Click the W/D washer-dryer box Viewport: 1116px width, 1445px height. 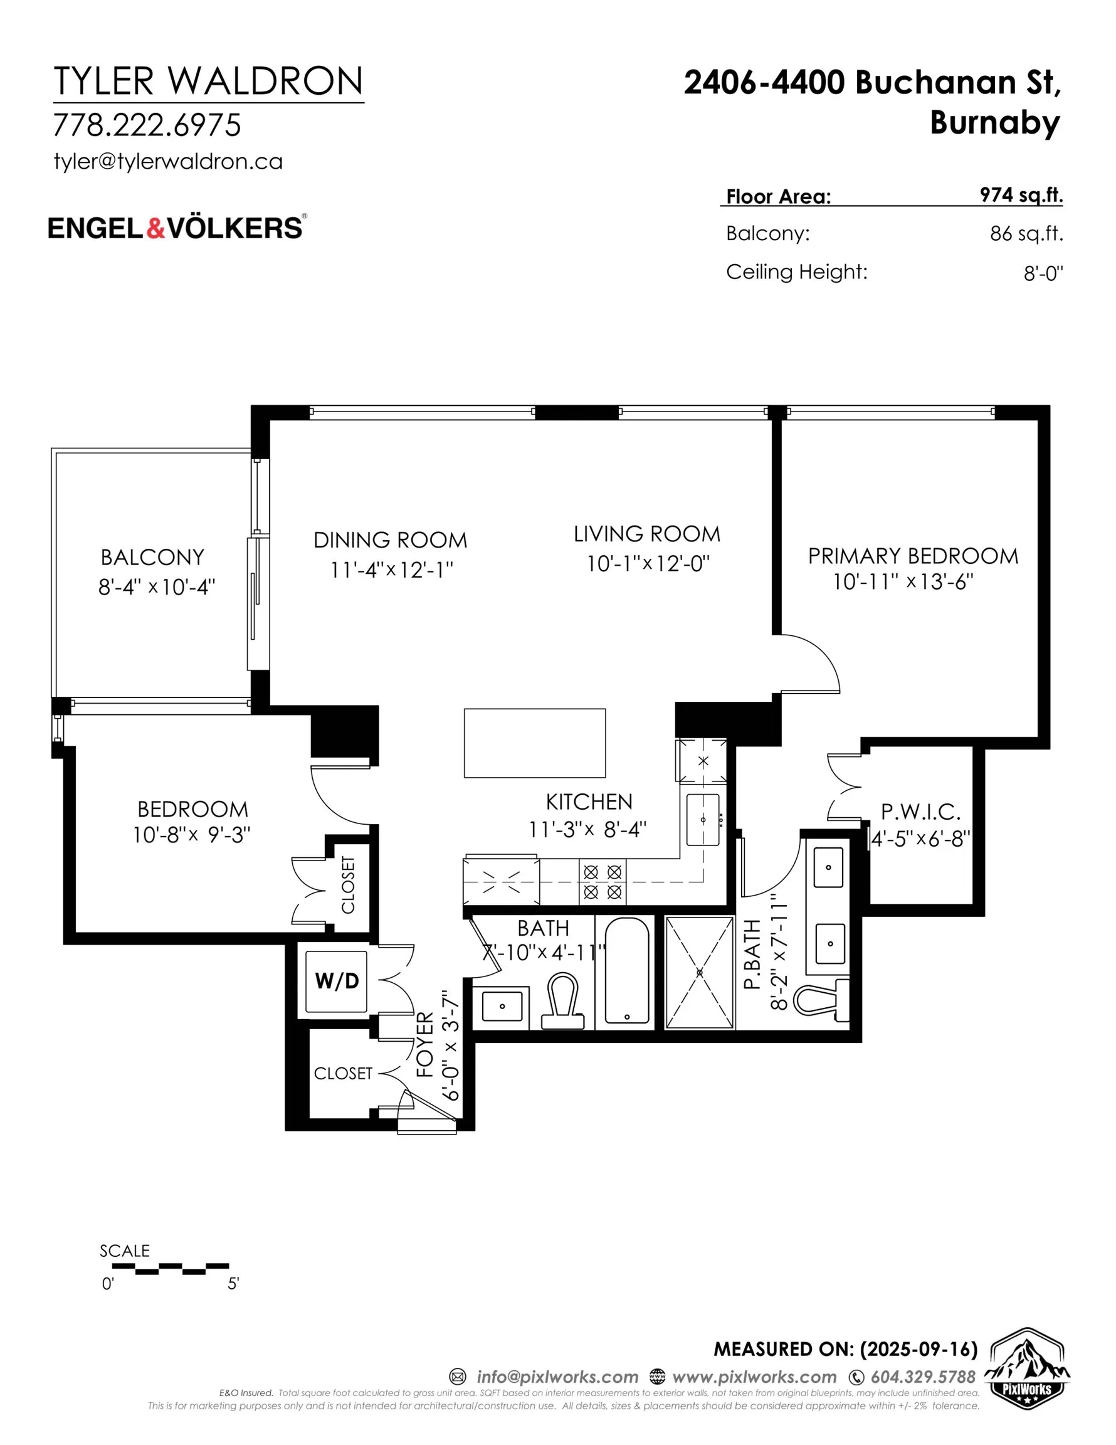pos(337,980)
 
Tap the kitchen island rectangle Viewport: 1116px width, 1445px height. pos(535,743)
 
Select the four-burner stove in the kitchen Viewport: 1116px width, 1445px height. pos(603,882)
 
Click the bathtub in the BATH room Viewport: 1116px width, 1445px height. pos(626,972)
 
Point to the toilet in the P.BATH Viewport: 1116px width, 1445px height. pos(821,1001)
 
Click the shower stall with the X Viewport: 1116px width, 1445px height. pos(700,972)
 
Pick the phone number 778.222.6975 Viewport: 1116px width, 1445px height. pos(147,125)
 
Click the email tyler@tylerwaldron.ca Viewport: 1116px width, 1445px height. pos(168,161)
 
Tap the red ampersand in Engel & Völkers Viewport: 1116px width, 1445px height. pos(155,228)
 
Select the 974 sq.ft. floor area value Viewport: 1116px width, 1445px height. pos(1021,195)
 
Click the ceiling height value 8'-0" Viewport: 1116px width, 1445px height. pos(1043,273)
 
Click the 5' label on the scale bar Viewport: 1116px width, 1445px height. pos(233,1284)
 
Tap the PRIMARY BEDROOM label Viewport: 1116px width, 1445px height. pos(913,556)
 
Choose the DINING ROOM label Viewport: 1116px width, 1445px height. pos(391,540)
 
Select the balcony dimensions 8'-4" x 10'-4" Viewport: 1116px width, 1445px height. pos(157,586)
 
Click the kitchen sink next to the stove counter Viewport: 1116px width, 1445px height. pos(703,820)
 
